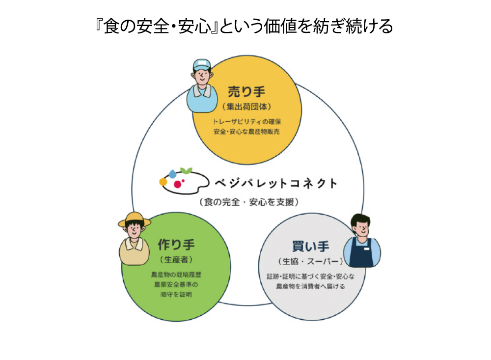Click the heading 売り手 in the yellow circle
click(246, 92)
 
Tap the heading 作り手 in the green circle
click(176, 245)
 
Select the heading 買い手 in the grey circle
click(311, 246)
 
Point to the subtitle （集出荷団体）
click(246, 107)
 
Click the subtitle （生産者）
click(176, 260)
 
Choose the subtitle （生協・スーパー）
click(311, 261)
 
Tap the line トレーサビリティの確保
click(247, 122)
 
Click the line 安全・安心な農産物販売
click(246, 132)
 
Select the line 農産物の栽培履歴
click(176, 275)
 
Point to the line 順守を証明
click(176, 295)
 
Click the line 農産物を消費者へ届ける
click(310, 286)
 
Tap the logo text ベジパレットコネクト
click(276, 183)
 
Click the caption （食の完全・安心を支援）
click(249, 202)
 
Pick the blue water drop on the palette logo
click(172, 173)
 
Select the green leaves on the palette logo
click(186, 170)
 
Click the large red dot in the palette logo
click(178, 184)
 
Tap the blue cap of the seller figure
click(202, 65)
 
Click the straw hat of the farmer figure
click(135, 220)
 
